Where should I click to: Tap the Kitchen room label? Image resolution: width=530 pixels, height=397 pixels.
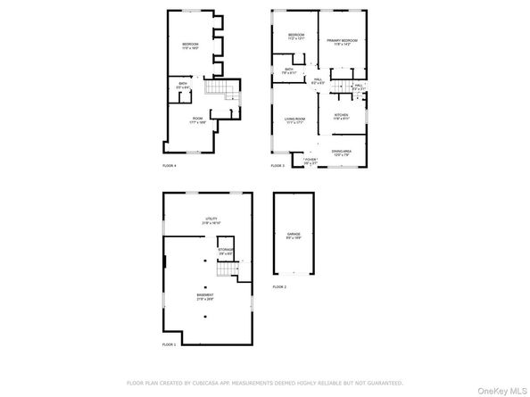pyautogui.click(x=341, y=115)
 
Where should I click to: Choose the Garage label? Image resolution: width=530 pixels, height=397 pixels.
pyautogui.click(x=292, y=237)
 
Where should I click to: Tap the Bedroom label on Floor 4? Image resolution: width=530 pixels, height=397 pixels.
pyautogui.click(x=192, y=45)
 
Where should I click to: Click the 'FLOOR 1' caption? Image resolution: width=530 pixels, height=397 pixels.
pyautogui.click(x=169, y=343)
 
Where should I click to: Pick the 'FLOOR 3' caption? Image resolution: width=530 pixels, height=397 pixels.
pyautogui.click(x=277, y=166)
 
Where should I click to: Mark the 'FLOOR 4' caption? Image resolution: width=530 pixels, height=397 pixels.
pyautogui.click(x=169, y=166)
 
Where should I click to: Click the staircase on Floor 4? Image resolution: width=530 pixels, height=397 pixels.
pyautogui.click(x=222, y=90)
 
